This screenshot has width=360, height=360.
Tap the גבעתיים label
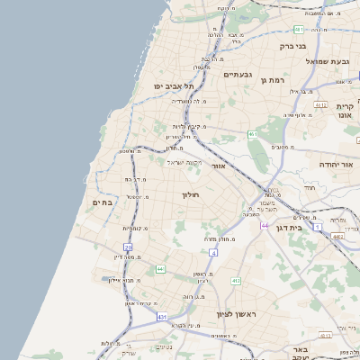click(238, 74)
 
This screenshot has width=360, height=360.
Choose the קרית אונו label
click(344, 111)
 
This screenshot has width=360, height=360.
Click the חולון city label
click(190, 194)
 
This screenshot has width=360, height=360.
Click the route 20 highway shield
click(129, 247)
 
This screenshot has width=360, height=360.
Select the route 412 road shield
click(236, 281)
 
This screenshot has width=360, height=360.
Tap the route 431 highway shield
click(162, 317)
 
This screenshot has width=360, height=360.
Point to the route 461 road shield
click(253, 134)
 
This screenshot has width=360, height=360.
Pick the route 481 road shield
click(297, 29)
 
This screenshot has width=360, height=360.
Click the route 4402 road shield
click(337, 236)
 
